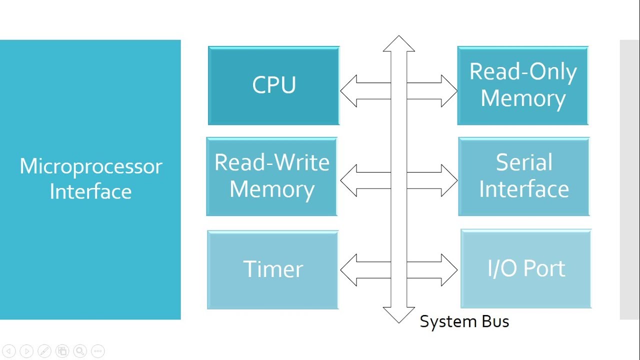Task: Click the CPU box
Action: click(273, 85)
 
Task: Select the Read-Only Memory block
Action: click(522, 85)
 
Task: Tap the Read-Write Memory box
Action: click(272, 176)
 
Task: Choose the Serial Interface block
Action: click(523, 176)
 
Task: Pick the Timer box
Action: click(273, 269)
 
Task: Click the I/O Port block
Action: click(526, 269)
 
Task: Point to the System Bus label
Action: click(464, 321)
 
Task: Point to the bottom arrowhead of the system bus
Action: click(398, 314)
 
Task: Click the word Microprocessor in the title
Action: click(90, 166)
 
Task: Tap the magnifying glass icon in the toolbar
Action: click(79, 351)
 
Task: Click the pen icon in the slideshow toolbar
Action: click(44, 351)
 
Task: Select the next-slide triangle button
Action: click(26, 351)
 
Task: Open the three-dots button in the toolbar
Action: click(97, 351)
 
